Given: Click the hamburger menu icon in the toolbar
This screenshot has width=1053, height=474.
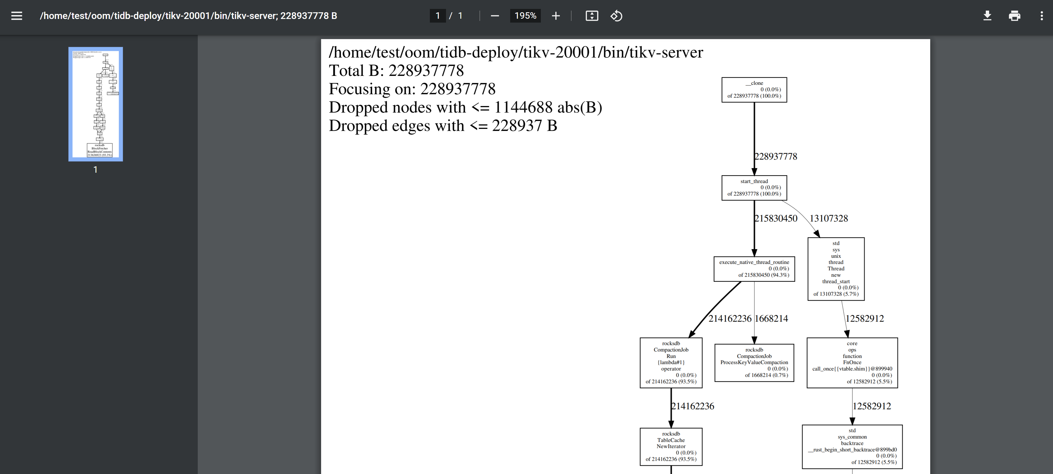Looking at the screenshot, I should [x=17, y=16].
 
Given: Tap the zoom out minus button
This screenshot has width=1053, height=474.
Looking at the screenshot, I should [x=495, y=16].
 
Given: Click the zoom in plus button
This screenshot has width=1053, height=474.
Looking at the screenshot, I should [x=556, y=16].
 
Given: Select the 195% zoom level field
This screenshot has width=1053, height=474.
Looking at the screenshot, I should [x=525, y=16].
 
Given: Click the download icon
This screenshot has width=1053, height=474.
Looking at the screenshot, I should [x=987, y=16].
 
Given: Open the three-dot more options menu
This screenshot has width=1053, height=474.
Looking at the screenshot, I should [x=1041, y=16].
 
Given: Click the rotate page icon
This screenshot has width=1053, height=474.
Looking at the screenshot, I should [x=616, y=16].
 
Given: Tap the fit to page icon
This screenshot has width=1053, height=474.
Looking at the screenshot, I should [x=592, y=16].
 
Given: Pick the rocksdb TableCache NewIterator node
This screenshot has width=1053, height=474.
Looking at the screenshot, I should [x=671, y=447].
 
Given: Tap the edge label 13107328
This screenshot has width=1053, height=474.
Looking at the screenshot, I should [x=828, y=218].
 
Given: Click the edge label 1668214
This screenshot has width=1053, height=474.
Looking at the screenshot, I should [x=771, y=319].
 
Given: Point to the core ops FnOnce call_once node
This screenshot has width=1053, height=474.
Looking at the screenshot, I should [x=852, y=362].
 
